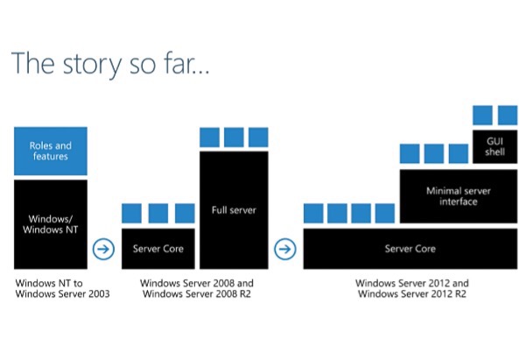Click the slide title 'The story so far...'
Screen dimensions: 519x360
(x=110, y=64)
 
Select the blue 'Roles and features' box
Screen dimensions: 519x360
(x=51, y=151)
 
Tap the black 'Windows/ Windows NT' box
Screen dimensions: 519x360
(x=51, y=224)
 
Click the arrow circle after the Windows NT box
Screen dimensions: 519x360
(x=103, y=249)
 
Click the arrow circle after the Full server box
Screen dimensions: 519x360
(x=285, y=249)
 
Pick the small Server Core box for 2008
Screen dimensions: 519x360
(x=158, y=249)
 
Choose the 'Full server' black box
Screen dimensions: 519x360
(x=234, y=210)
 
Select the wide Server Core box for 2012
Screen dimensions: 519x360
(x=410, y=249)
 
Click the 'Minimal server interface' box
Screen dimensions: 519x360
(x=459, y=196)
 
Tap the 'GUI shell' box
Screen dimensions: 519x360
(x=495, y=147)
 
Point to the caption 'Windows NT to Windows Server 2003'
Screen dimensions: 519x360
(x=62, y=288)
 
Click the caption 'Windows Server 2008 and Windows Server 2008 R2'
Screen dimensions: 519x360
(x=197, y=288)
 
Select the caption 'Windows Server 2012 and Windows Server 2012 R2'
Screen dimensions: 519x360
(x=412, y=288)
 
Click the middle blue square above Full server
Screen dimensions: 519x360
(x=234, y=138)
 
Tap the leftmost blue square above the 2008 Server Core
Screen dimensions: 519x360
(x=132, y=213)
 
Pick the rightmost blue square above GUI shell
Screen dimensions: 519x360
(x=508, y=116)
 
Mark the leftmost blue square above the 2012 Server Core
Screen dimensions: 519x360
(x=313, y=213)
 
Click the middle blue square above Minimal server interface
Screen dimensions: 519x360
(x=434, y=153)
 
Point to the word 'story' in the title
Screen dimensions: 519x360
(x=92, y=65)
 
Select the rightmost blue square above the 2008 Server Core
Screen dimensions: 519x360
(x=185, y=213)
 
